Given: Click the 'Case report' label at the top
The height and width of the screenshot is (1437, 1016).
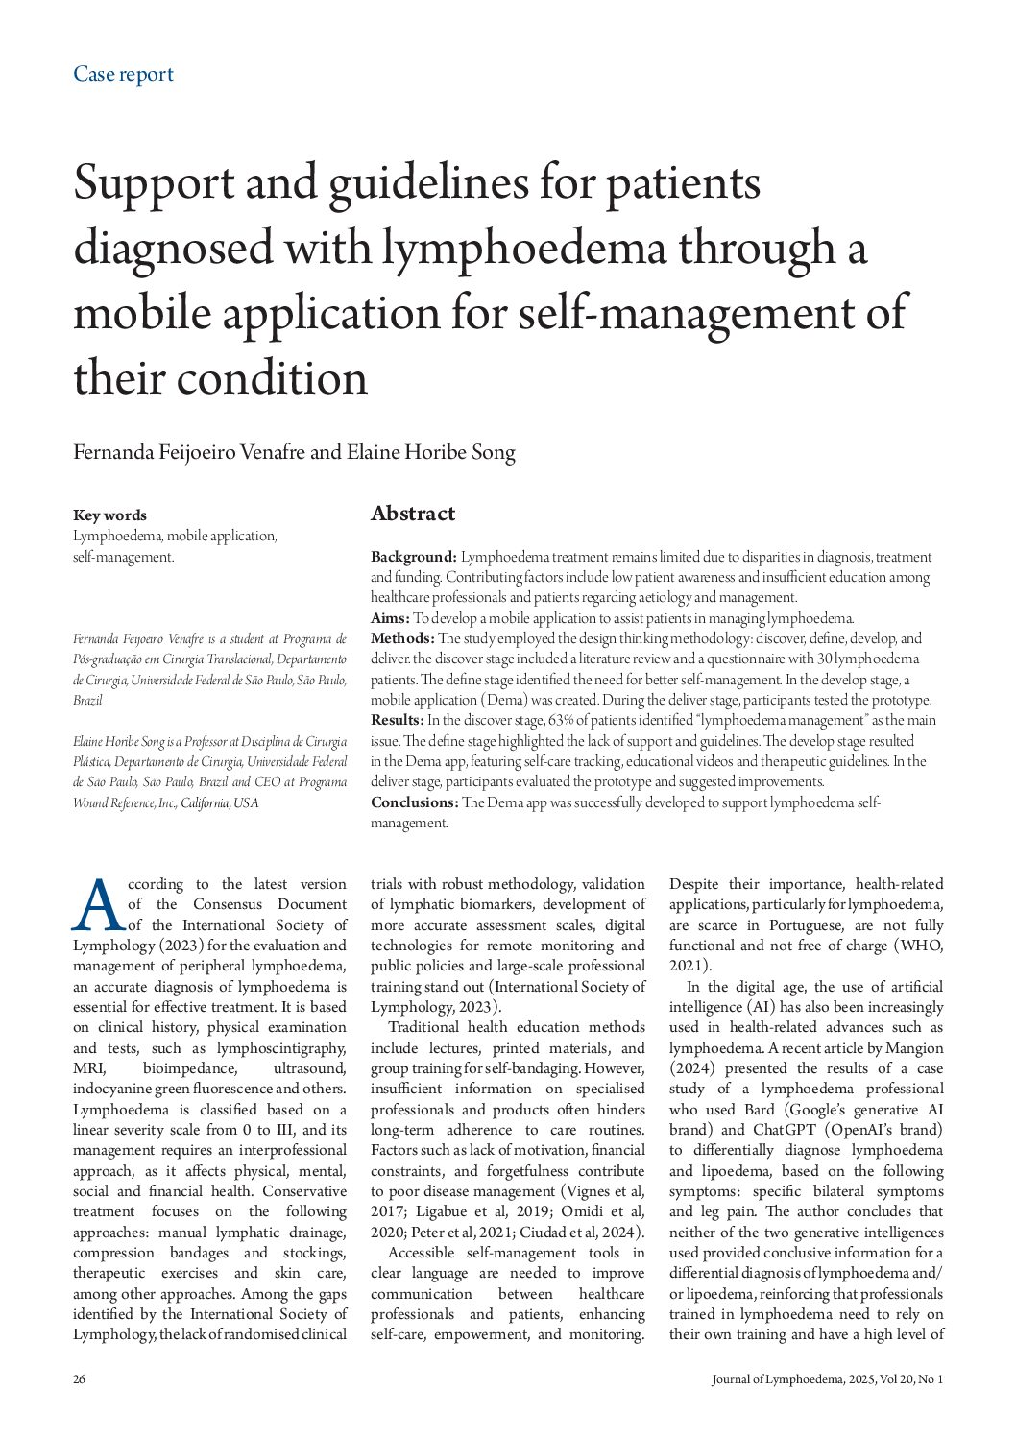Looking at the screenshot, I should [x=123, y=74].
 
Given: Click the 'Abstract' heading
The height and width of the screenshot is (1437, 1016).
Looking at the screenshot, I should [x=413, y=514].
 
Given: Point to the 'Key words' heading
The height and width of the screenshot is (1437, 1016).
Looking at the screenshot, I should [x=109, y=515].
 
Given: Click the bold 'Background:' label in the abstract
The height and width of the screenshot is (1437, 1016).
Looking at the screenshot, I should [x=414, y=557].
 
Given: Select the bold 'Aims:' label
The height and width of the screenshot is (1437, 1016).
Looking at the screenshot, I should [x=390, y=618].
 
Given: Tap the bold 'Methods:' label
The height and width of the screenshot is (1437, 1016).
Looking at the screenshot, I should [x=402, y=638].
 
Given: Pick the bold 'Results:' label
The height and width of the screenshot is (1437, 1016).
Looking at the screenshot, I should [x=398, y=720].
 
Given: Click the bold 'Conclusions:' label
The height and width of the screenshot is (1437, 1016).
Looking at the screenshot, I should [x=414, y=802].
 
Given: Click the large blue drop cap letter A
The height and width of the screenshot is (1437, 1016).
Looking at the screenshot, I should [x=98, y=906].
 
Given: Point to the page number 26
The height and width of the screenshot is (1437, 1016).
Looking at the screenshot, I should [x=79, y=1379].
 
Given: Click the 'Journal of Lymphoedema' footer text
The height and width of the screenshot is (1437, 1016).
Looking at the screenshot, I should [x=774, y=1379].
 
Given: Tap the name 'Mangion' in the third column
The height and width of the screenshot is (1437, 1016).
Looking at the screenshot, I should [x=914, y=1048].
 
